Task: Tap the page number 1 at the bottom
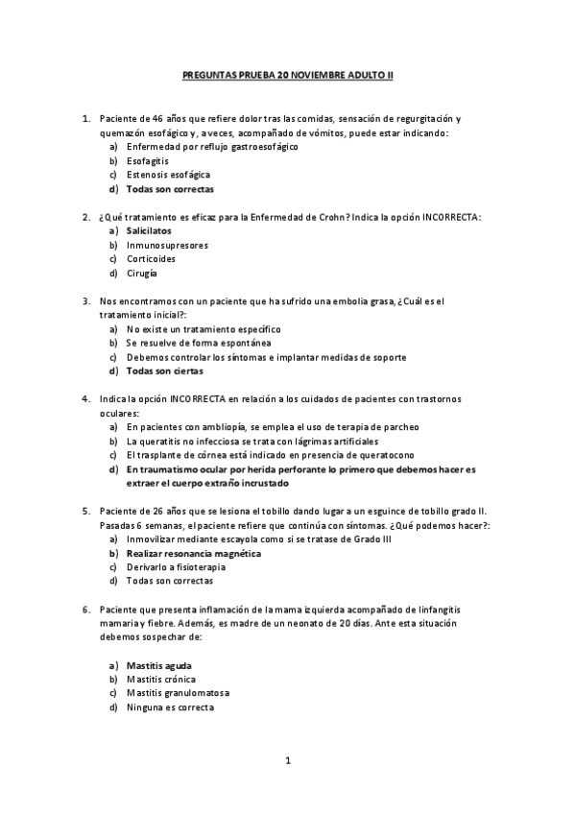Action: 288,760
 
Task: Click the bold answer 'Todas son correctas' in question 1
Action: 168,189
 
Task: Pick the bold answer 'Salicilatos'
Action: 149,231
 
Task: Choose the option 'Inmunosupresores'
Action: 167,245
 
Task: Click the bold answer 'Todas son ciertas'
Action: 164,371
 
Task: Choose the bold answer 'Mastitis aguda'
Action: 158,665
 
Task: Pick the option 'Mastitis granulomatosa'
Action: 178,693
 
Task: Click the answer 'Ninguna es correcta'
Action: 170,707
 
